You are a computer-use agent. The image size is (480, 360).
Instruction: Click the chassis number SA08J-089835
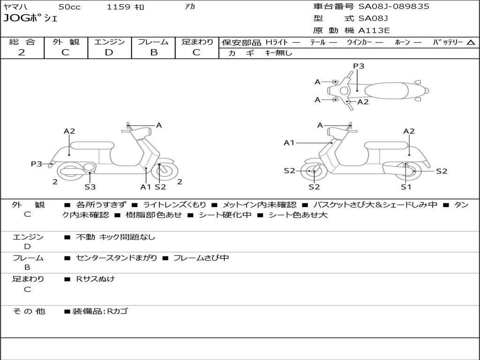tap(394, 7)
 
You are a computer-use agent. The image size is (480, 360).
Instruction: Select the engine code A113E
tap(374, 31)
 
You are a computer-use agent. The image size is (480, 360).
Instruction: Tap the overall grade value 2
tap(22, 52)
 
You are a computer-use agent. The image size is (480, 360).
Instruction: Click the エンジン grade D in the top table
tap(109, 52)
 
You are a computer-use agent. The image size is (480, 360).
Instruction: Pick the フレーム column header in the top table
tap(153, 42)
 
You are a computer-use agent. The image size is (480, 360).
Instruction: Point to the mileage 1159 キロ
tap(126, 7)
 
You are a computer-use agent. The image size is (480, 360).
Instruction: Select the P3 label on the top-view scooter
tap(359, 66)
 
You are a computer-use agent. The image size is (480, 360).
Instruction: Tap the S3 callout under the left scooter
tap(90, 187)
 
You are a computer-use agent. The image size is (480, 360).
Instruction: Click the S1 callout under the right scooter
tap(406, 187)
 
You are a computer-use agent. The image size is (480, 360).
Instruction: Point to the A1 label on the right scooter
tap(289, 142)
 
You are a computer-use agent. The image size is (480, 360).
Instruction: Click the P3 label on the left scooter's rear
tap(37, 164)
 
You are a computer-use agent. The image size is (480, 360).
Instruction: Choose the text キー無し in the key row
tap(278, 53)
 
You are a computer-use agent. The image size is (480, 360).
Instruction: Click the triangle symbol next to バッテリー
tap(471, 42)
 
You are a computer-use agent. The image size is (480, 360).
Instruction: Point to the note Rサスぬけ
tap(95, 279)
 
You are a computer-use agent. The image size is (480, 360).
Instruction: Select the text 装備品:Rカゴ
tap(99, 311)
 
